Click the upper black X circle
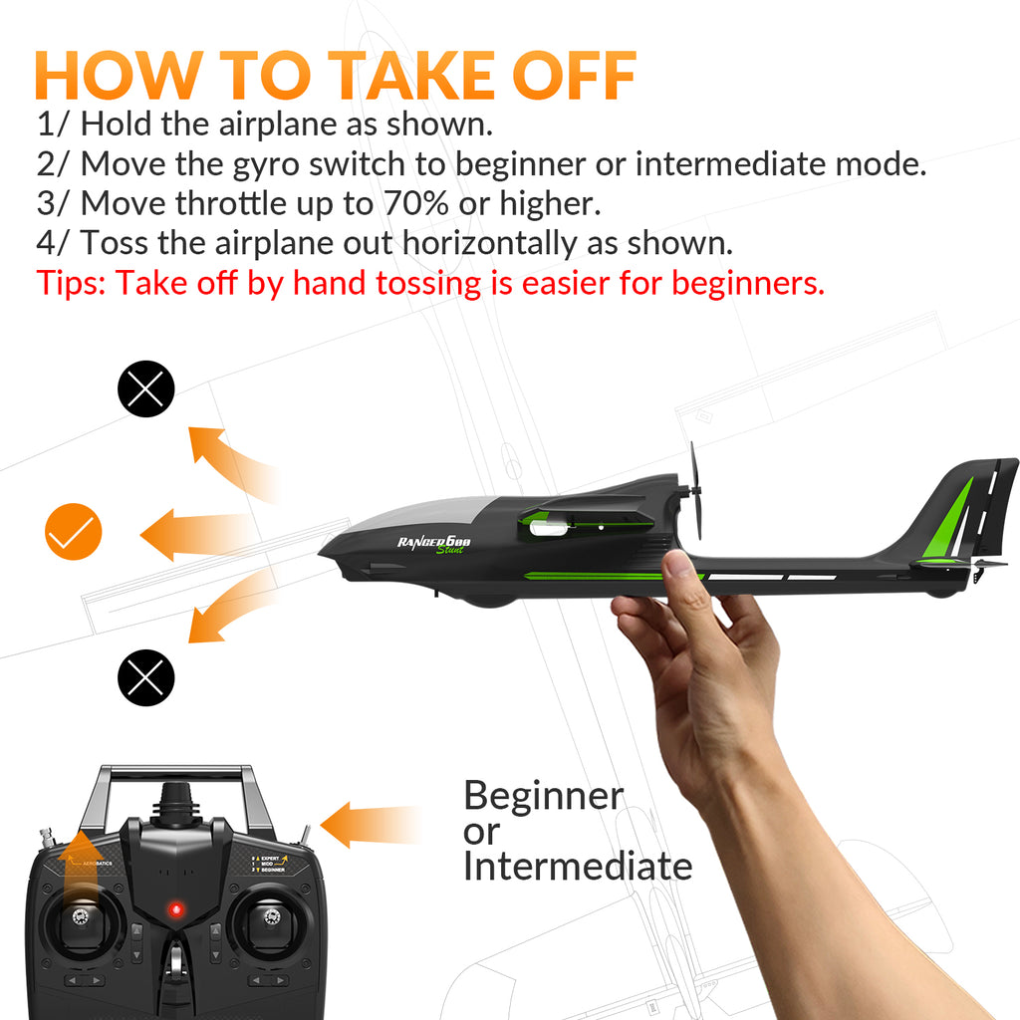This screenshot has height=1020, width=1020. click(146, 388)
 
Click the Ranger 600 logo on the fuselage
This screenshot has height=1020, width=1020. click(435, 544)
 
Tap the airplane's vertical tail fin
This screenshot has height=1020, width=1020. click(961, 508)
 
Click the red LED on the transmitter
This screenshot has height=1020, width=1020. click(176, 908)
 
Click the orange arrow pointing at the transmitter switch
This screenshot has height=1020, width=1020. click(364, 825)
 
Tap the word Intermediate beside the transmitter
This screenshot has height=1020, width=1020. click(578, 867)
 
